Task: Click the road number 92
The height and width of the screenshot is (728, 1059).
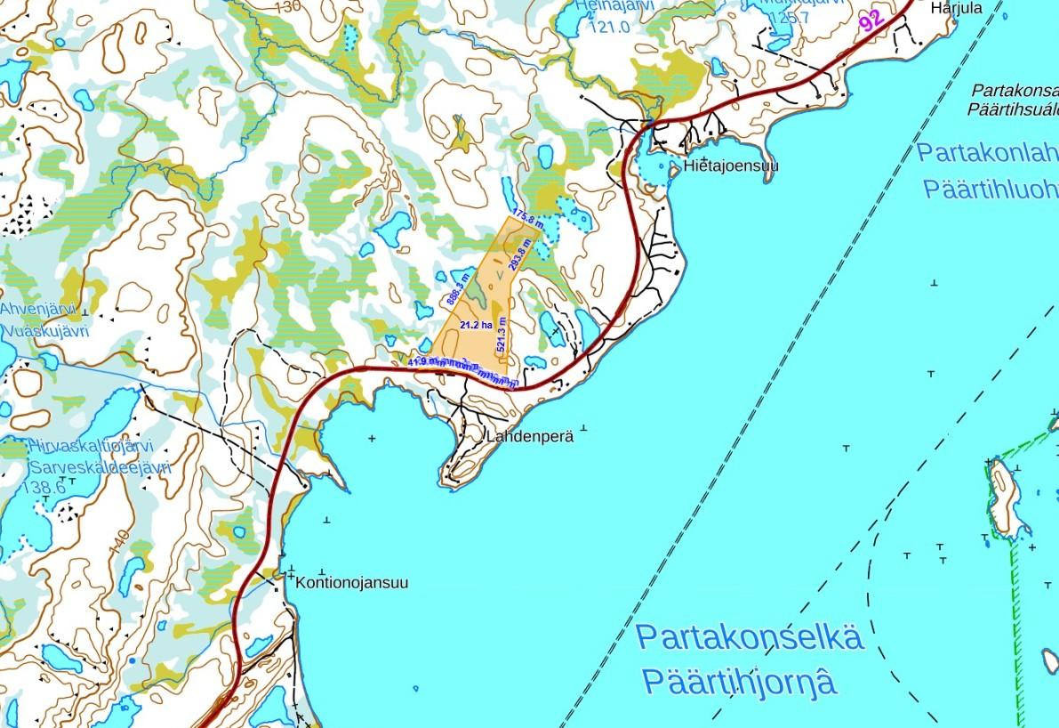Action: coord(871,20)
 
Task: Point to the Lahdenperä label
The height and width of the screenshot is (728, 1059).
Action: coord(530,437)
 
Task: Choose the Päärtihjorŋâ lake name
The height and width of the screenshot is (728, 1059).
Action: coord(738,684)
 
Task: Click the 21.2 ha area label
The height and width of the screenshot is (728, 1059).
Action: coord(476,327)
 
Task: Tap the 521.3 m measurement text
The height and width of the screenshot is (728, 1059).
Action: coord(502,335)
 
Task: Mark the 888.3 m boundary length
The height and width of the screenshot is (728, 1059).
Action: coord(454,289)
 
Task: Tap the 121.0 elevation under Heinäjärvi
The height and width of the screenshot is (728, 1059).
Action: coord(609,27)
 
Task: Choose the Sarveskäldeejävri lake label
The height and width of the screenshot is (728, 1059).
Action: coord(84,468)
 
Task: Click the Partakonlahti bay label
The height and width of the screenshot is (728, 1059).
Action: coord(987,152)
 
